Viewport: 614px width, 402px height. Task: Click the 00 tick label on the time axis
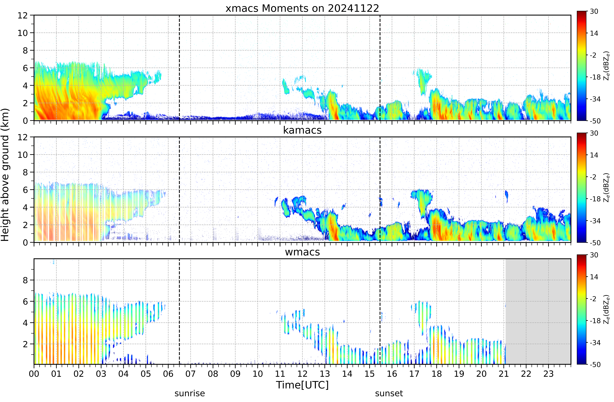coord(34,374)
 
